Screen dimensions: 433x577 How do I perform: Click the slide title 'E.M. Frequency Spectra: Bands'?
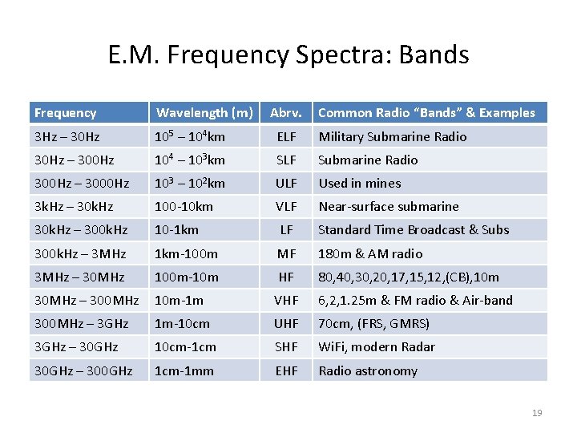pos(288,55)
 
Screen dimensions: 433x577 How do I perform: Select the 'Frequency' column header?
pos(65,113)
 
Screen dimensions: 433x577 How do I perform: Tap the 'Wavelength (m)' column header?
pos(204,112)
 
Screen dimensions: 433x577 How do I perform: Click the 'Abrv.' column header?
pos(286,112)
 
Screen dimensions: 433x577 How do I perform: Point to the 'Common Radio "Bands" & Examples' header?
pos(426,112)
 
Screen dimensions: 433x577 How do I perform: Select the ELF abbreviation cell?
pos(286,136)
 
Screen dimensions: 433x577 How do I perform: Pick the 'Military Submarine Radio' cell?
pos(392,136)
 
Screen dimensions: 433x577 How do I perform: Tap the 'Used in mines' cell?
pos(360,183)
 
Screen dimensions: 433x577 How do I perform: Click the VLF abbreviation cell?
pos(286,206)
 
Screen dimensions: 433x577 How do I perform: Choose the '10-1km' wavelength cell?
pos(176,229)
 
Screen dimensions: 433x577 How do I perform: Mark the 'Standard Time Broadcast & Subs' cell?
pos(414,229)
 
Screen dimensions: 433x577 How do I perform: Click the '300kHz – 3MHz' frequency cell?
pos(80,253)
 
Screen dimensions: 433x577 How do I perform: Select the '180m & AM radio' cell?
pos(370,253)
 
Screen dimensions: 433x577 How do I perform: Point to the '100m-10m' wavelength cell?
pos(186,277)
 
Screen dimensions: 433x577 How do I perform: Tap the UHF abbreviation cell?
pos(286,323)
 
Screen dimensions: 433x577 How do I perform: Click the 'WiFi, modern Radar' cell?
pos(377,346)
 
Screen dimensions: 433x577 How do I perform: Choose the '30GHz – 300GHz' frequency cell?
pos(83,370)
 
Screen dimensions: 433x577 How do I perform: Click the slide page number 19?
pos(536,413)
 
